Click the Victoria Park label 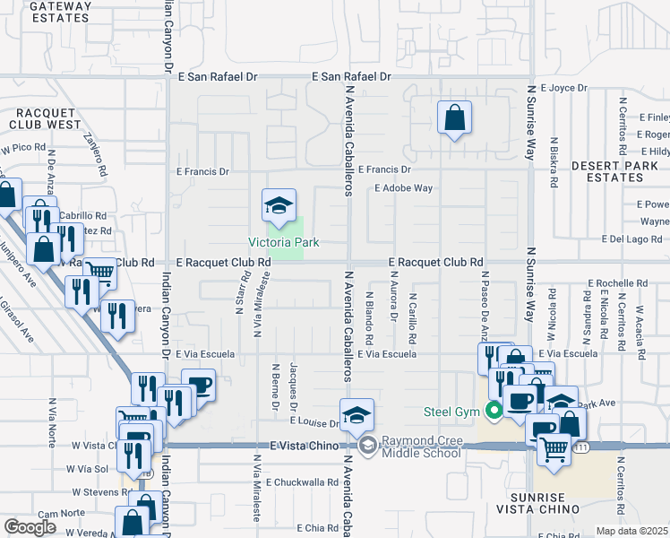click(284, 242)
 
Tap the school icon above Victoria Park click(279, 206)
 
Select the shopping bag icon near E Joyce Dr click(455, 117)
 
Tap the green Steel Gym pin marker click(492, 413)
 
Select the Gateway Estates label click(61, 10)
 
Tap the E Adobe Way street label click(403, 189)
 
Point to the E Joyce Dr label click(563, 88)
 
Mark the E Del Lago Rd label click(631, 239)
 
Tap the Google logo click(30, 526)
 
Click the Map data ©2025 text click(631, 532)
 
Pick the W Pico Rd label click(22, 147)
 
